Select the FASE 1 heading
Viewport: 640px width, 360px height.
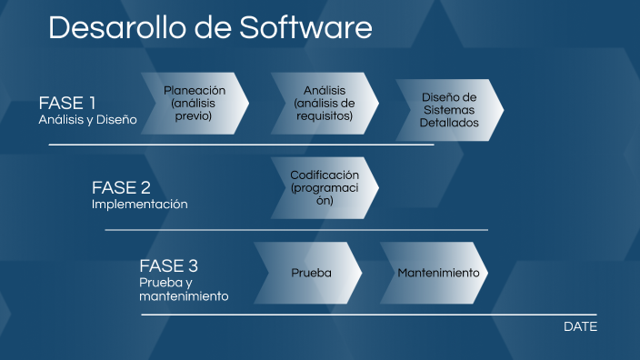pos(66,102)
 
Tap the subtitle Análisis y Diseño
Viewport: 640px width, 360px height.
pos(87,119)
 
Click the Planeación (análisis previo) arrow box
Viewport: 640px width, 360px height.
pos(194,104)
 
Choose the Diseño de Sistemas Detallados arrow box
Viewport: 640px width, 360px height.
pos(449,110)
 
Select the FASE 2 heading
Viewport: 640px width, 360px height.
pos(121,187)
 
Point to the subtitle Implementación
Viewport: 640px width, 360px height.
pos(139,205)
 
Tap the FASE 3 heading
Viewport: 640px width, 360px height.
pos(168,266)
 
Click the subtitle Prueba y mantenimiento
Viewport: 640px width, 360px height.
pos(183,289)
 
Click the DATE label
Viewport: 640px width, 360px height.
pos(580,326)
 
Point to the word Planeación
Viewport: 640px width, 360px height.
pos(194,91)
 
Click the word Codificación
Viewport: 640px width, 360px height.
pos(325,175)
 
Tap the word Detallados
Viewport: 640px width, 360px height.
pos(449,123)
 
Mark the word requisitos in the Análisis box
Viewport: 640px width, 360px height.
pos(325,116)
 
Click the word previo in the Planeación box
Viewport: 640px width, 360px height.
pos(194,116)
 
